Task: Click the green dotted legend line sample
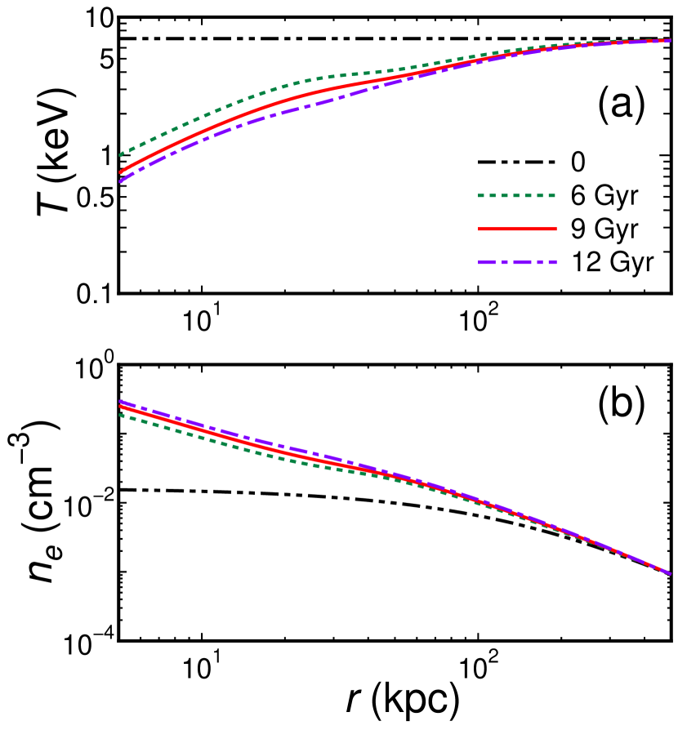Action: pyautogui.click(x=516, y=196)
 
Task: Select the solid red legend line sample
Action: pyautogui.click(x=516, y=229)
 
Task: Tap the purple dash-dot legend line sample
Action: pyautogui.click(x=516, y=262)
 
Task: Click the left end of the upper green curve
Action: pyautogui.click(x=121, y=154)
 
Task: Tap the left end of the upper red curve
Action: pyautogui.click(x=121, y=172)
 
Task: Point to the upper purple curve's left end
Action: pyautogui.click(x=121, y=181)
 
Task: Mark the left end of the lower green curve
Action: pyautogui.click(x=121, y=415)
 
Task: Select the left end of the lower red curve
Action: pyautogui.click(x=121, y=407)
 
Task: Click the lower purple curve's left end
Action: pyautogui.click(x=121, y=401)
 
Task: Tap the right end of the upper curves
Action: pyautogui.click(x=670, y=39)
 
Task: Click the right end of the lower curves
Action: pyautogui.click(x=670, y=573)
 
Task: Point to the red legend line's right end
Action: pyautogui.click(x=555, y=229)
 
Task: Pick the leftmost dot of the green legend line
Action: pyautogui.click(x=480, y=196)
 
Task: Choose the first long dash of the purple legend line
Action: pyautogui.click(x=485, y=262)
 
